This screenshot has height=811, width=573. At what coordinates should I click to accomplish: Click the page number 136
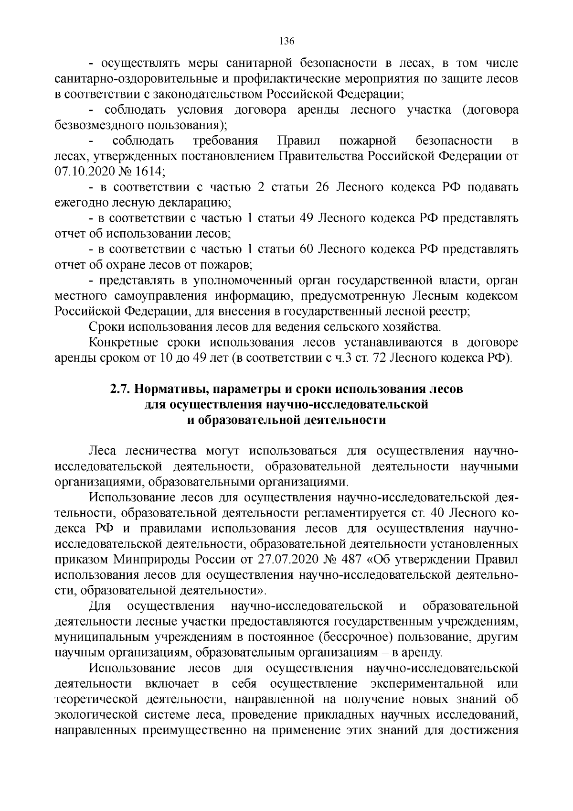286,41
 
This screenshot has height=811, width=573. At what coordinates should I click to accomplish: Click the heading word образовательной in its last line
244,420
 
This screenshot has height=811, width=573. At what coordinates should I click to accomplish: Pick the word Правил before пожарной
298,141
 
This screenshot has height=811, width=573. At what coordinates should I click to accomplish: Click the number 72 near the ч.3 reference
379,358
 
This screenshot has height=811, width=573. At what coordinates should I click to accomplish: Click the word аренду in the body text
426,653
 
